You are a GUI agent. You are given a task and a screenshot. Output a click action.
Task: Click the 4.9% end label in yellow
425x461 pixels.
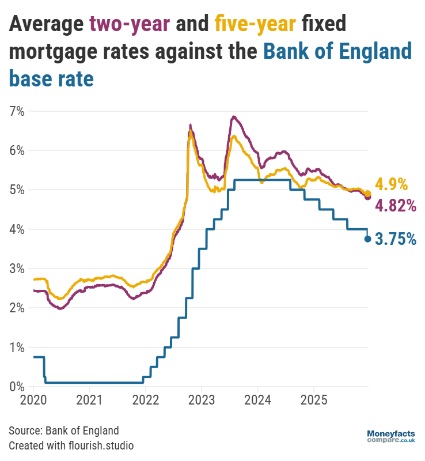click(x=391, y=184)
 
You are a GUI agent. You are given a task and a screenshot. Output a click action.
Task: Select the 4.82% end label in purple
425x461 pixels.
click(x=395, y=206)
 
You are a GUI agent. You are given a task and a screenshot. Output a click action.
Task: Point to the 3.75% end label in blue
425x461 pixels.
click(x=395, y=239)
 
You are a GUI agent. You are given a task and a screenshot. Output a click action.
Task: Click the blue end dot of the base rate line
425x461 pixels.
click(x=367, y=239)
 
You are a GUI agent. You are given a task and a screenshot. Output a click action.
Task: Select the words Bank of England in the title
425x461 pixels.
click(x=337, y=51)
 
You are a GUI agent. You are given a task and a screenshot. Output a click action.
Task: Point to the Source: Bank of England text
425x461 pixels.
click(x=64, y=430)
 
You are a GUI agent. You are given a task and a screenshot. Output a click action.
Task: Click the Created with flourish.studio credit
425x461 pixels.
click(x=71, y=445)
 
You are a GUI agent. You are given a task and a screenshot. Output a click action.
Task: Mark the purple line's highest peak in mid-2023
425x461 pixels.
click(x=233, y=117)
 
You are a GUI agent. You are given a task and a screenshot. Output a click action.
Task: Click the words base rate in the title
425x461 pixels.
click(x=51, y=78)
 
